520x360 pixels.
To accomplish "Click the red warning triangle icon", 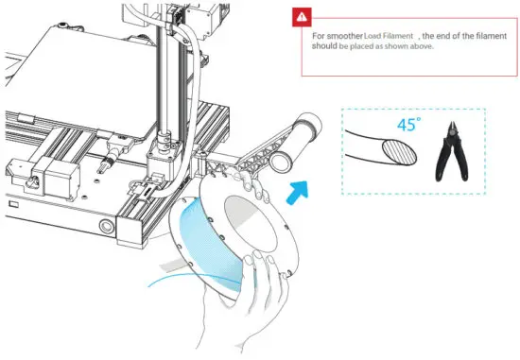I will pos(301,16).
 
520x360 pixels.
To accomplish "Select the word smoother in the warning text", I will pos(342,36).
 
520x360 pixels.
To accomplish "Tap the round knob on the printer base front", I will pos(106,228).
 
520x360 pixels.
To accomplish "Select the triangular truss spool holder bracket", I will pos(251,161).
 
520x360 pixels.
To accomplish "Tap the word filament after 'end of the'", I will pos(483,36).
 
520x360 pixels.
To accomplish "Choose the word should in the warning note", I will pos(324,46).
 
